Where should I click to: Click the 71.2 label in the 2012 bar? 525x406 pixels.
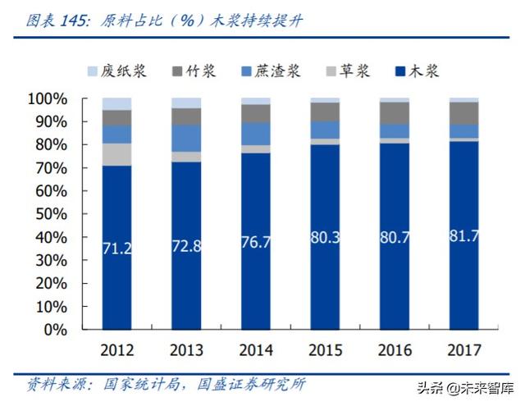117,249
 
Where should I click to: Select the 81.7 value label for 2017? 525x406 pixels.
464,235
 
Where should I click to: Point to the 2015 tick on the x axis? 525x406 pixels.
326,350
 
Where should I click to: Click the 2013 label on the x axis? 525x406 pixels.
186,350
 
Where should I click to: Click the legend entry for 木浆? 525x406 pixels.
415,71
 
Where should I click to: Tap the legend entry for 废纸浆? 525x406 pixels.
116,71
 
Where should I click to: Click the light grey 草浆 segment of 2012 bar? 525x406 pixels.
117,154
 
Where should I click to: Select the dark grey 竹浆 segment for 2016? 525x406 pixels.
395,112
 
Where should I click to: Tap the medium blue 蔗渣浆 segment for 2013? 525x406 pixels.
186,138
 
